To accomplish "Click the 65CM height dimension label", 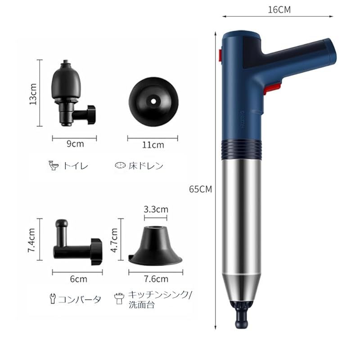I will pos(201,189).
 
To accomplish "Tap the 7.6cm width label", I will pos(155,279).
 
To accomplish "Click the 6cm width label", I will pos(75,279).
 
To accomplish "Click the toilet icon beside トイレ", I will pos(54,166).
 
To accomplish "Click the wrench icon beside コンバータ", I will pos(52,298).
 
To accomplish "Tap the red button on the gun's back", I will pos(220,55).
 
